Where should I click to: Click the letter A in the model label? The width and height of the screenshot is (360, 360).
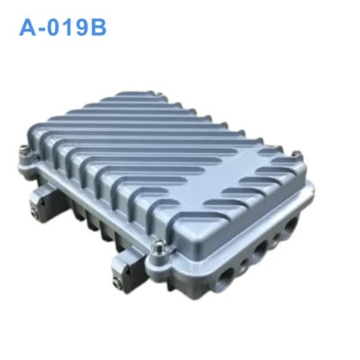(x=28, y=28)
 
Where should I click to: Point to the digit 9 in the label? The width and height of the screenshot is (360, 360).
(x=81, y=28)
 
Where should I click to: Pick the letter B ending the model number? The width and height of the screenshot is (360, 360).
(x=98, y=28)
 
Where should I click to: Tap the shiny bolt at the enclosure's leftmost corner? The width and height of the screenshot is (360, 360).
(x=24, y=150)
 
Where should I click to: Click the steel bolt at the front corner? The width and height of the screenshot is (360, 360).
(x=157, y=247)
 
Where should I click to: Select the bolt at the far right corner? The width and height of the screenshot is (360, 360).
(x=297, y=155)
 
